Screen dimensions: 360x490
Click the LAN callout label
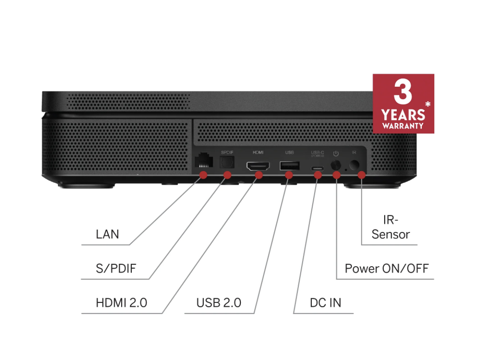[107, 234]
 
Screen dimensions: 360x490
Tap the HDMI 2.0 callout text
[122, 303]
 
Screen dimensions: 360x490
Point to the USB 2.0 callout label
[219, 303]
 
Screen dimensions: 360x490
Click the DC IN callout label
[325, 303]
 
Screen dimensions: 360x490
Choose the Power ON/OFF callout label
[387, 269]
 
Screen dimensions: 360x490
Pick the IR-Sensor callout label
[391, 227]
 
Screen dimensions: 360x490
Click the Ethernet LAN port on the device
[204, 160]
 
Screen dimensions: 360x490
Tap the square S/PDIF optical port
[227, 162]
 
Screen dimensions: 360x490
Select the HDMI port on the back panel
[258, 166]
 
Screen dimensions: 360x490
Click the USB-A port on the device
[289, 166]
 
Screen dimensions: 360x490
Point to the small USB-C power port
[317, 168]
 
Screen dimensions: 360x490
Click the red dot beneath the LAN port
[203, 175]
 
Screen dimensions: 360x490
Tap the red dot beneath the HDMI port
[259, 175]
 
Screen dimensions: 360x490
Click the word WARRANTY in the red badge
[403, 125]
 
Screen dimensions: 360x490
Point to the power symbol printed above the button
[336, 153]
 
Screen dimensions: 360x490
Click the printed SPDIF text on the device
[227, 152]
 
